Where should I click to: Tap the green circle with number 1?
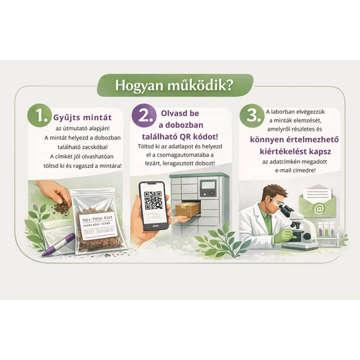click(x=40, y=116)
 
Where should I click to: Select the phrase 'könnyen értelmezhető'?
click(x=292, y=141)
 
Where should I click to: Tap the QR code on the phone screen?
click(x=153, y=200)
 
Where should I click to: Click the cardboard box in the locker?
click(x=189, y=209)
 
